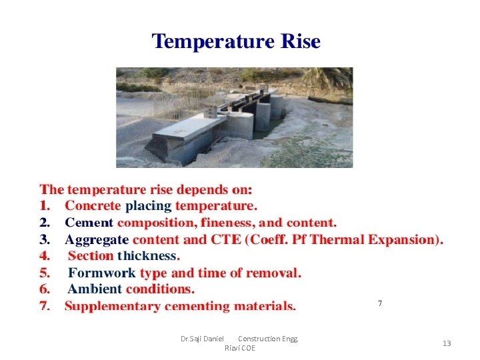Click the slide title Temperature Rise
pyautogui.click(x=236, y=42)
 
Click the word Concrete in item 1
pyautogui.click(x=93, y=206)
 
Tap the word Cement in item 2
pyautogui.click(x=89, y=223)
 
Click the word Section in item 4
pyautogui.click(x=91, y=256)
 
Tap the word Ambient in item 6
pyautogui.click(x=95, y=289)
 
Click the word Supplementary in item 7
pyautogui.click(x=112, y=307)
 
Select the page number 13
pyautogui.click(x=447, y=343)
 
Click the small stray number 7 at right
pyautogui.click(x=380, y=304)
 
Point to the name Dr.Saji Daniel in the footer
pyautogui.click(x=202, y=339)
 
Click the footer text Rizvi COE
pyautogui.click(x=239, y=348)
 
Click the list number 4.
pyautogui.click(x=44, y=256)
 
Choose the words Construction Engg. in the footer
pyautogui.click(x=268, y=339)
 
